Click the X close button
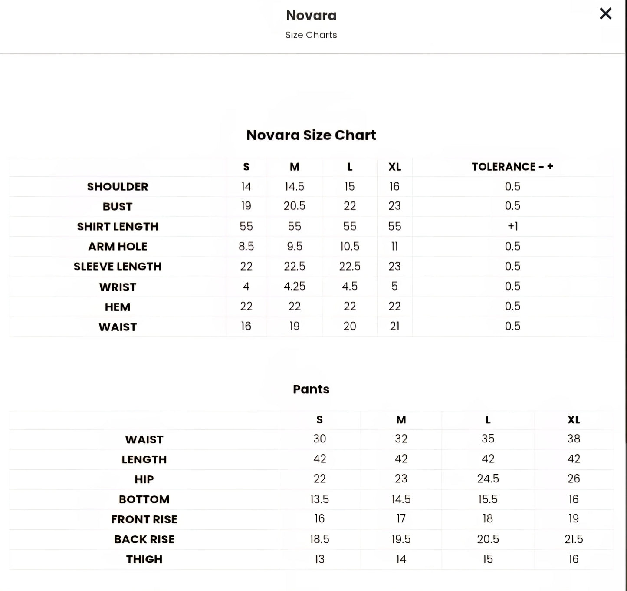coord(605,14)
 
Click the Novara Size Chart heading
coord(311,135)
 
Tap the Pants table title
coord(311,389)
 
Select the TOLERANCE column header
coord(512,167)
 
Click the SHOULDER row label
coord(118,187)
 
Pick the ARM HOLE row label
coord(118,247)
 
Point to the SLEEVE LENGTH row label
coord(118,267)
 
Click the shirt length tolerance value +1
coord(512,226)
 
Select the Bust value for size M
coord(294,206)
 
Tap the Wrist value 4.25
coord(294,287)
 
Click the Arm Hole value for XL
coord(394,247)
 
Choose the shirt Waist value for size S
coord(246,326)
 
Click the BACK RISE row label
coord(144,539)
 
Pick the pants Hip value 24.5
coord(488,479)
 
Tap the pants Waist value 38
coord(573,439)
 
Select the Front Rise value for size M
coord(400,519)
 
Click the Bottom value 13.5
coord(319,499)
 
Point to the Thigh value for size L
coord(488,559)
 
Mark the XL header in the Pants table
coord(573,420)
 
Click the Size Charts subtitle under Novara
coord(311,35)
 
